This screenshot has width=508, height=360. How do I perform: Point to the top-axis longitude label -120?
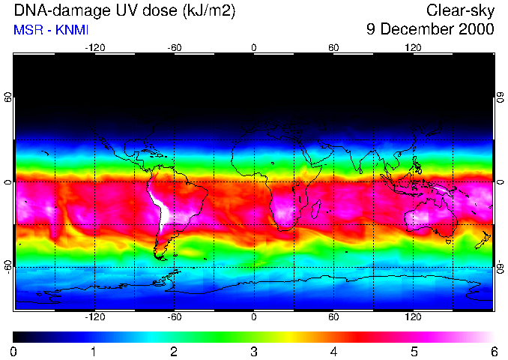94,48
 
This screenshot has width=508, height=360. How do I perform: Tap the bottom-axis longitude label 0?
253,317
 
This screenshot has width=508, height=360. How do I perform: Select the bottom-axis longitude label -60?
174,317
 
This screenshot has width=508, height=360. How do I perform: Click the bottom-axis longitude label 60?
333,317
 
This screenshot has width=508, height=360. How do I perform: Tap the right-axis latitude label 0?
500,182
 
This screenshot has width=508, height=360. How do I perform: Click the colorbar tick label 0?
14,351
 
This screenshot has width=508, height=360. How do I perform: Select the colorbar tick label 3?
253,351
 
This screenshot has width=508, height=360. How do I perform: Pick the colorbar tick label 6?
493,351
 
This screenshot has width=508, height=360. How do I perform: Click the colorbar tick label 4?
333,351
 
